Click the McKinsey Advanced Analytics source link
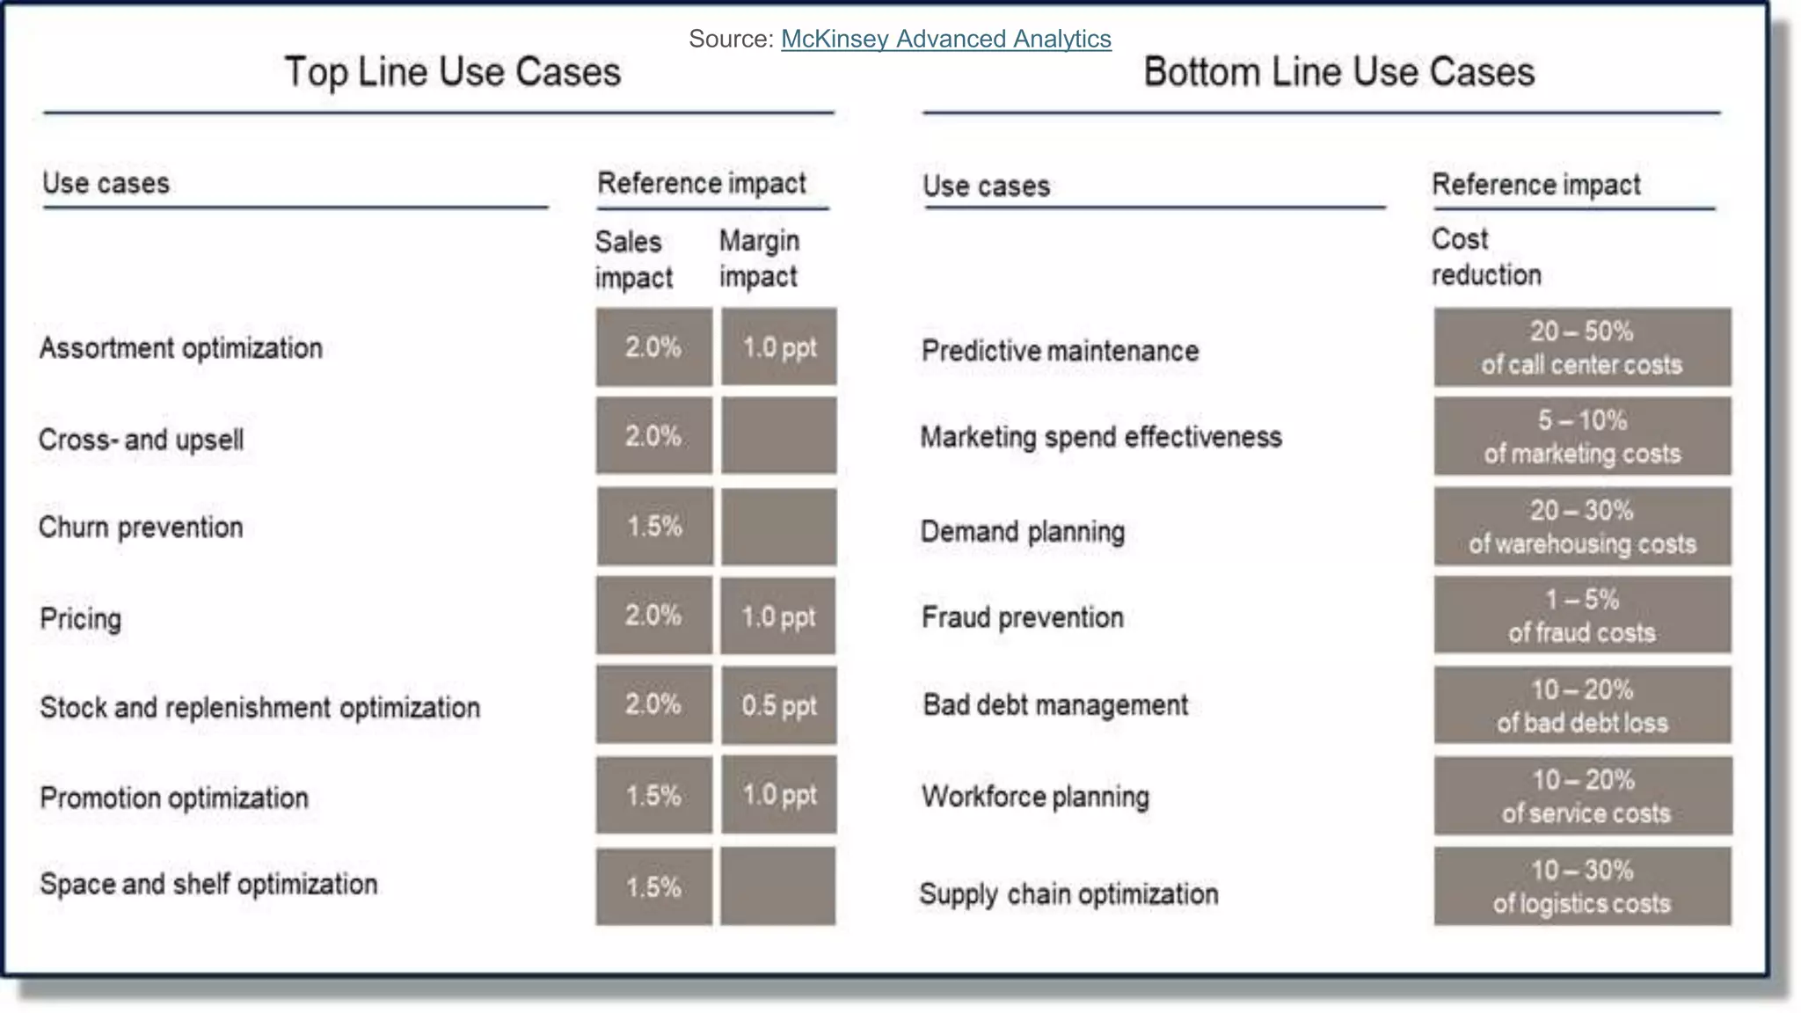click(945, 40)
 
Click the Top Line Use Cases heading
click(453, 72)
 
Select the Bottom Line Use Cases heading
click(1338, 72)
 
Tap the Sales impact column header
click(633, 259)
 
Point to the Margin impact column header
click(759, 258)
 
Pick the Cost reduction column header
click(1486, 257)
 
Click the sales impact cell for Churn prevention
click(654, 527)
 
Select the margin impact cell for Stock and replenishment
click(778, 705)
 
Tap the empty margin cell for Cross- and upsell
click(778, 436)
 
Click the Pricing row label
click(81, 618)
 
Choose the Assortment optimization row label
click(181, 348)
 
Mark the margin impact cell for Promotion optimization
click(778, 795)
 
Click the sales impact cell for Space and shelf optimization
click(654, 886)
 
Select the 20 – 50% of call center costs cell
click(1582, 347)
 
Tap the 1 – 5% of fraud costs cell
click(1582, 616)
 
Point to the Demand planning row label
click(1023, 532)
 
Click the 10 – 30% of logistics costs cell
click(1582, 886)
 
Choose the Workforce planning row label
click(1035, 797)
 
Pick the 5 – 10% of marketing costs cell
click(1582, 436)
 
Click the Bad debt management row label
click(1055, 705)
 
